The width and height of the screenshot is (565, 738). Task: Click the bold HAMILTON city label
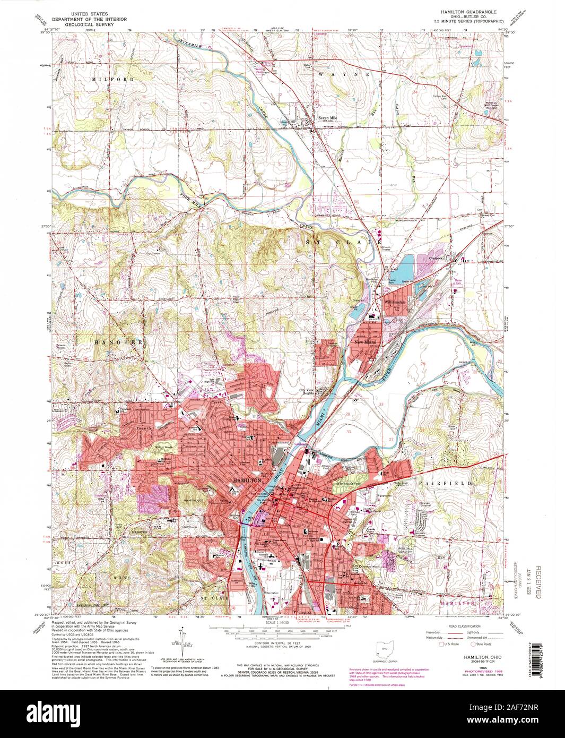click(x=247, y=480)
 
